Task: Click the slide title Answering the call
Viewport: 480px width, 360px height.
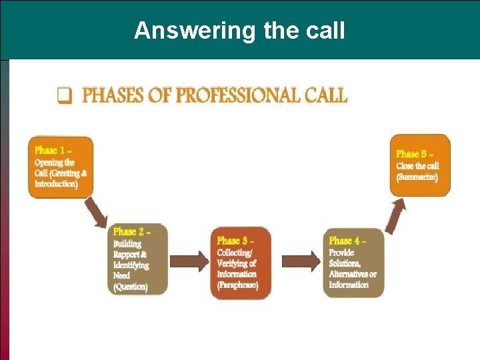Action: point(239,31)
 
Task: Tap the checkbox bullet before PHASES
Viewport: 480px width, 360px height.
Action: point(64,96)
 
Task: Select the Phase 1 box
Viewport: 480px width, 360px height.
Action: point(60,167)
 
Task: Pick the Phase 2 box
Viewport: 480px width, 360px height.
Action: point(137,259)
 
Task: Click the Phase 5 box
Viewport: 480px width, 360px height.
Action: point(419,165)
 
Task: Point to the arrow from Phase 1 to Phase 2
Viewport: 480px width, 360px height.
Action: point(97,212)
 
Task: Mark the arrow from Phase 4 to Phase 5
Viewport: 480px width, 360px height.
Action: point(396,216)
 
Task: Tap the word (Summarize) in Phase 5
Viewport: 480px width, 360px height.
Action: point(417,177)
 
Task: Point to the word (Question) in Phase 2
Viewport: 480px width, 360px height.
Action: point(131,287)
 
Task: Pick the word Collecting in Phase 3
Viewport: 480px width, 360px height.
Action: point(235,253)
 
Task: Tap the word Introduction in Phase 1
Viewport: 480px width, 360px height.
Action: point(56,183)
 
